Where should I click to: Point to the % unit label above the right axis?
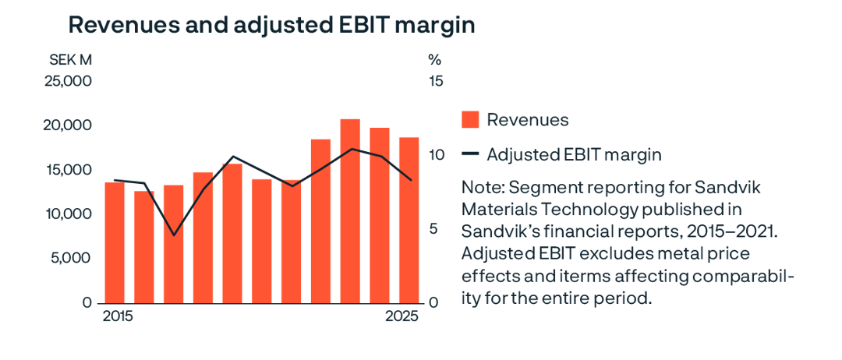434,59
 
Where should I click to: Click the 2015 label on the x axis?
118,317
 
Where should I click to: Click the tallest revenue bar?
350,210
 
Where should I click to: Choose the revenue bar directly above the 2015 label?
115,242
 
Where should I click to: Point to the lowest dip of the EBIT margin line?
174,235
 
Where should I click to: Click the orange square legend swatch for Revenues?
470,120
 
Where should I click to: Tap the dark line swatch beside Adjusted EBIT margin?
470,154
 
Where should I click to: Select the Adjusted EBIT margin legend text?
574,154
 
